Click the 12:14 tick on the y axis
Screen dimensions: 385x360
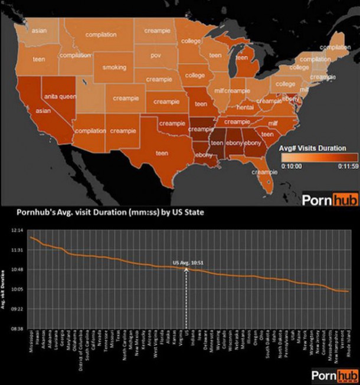click(17, 231)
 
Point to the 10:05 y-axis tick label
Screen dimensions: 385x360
click(17, 289)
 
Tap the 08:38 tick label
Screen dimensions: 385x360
click(17, 328)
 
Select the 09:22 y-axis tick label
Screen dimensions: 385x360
click(17, 309)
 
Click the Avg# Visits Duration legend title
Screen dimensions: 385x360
click(313, 148)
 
